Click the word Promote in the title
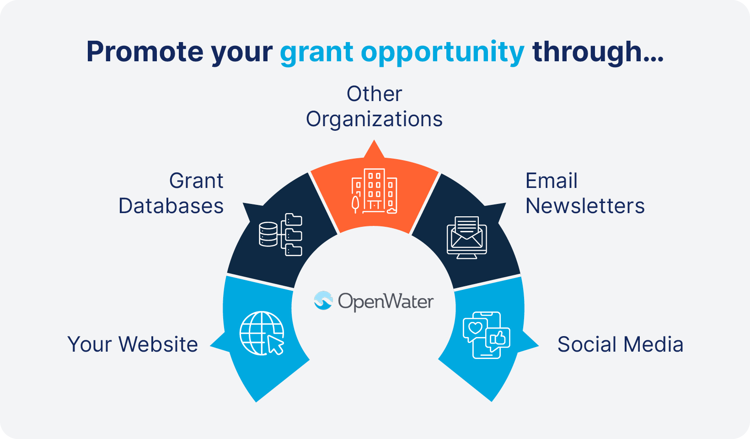click(145, 52)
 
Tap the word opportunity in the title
click(442, 53)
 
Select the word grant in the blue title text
click(316, 53)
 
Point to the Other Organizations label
click(374, 106)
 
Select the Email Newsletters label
click(584, 193)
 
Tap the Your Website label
click(133, 344)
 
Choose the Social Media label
click(620, 344)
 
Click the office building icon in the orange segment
click(375, 191)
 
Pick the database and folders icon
click(280, 234)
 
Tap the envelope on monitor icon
click(466, 237)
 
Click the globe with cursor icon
click(262, 333)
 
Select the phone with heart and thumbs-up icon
click(486, 335)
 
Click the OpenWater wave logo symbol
click(323, 300)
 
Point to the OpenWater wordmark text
click(386, 301)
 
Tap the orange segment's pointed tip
click(375, 145)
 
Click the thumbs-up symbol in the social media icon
click(498, 338)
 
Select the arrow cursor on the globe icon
click(275, 345)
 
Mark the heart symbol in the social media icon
click(476, 327)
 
